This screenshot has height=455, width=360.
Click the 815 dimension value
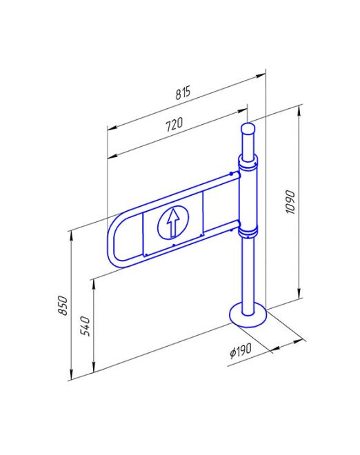click(x=183, y=92)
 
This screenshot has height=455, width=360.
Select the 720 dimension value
click(x=174, y=124)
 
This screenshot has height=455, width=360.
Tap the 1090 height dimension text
click(x=290, y=202)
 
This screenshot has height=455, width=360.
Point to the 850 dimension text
click(x=63, y=305)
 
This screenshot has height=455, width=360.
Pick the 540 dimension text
click(x=85, y=326)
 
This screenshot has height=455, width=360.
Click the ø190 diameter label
click(x=241, y=350)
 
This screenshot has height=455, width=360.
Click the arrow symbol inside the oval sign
click(x=173, y=222)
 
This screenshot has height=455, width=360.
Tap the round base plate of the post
click(x=248, y=315)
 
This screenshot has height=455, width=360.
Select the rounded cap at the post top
click(x=248, y=128)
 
